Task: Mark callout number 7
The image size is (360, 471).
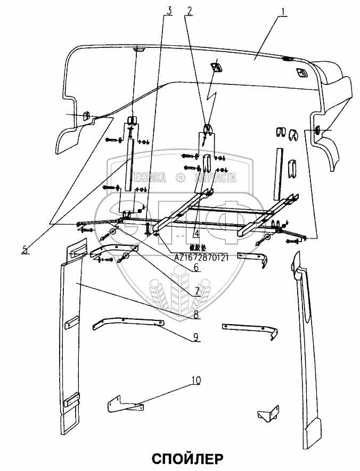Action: pos(197,292)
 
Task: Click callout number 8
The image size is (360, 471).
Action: pos(197,315)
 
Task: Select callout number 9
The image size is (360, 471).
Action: pos(197,336)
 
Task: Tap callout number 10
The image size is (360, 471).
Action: pos(197,380)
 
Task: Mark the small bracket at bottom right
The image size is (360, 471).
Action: pos(266,416)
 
